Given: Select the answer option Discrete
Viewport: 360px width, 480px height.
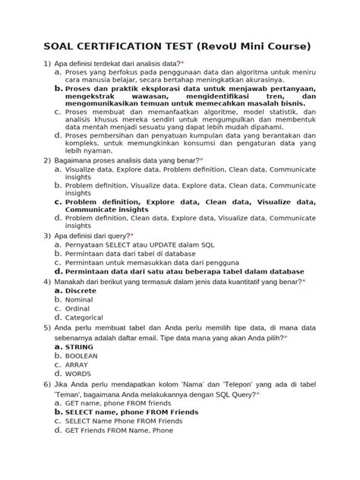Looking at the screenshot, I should coord(81,291).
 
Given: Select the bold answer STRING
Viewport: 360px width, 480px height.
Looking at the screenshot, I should coord(79,346).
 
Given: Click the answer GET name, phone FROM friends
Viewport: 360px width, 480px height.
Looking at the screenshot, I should coord(115,403).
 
